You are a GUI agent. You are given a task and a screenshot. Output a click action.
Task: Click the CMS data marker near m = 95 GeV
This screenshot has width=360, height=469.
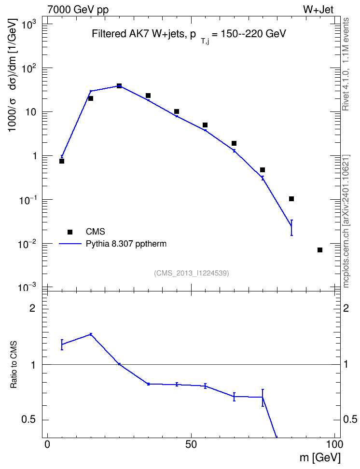tap(320, 250)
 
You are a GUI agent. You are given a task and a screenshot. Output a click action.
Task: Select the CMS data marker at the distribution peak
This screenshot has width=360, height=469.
tap(119, 86)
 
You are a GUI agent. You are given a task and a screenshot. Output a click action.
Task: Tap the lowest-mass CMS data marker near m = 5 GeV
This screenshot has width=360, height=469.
tap(62, 161)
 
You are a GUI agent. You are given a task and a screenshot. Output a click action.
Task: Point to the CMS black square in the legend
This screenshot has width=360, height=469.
tap(70, 232)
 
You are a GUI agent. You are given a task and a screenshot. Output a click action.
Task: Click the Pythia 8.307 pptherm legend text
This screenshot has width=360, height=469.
tap(126, 244)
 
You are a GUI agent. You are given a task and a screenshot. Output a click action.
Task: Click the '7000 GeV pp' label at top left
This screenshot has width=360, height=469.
tap(78, 9)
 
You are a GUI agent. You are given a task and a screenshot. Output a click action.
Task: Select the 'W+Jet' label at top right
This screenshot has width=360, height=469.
tap(318, 9)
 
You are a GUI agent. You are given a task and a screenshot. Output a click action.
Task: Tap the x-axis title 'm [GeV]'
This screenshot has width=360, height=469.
tap(320, 458)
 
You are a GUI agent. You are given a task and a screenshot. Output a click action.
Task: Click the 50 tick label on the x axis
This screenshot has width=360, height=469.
tap(191, 444)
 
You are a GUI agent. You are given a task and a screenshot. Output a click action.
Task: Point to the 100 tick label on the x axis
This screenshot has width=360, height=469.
tap(333, 444)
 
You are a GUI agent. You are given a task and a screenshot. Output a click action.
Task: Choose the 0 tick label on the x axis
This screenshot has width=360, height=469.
tap(47, 444)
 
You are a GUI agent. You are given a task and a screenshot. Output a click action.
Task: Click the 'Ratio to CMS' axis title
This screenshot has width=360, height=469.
tap(14, 365)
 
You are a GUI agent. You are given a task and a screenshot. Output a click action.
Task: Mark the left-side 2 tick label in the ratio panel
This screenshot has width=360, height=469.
tap(32, 308)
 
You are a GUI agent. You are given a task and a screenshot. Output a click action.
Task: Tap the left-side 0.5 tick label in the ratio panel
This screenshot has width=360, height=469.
tap(28, 420)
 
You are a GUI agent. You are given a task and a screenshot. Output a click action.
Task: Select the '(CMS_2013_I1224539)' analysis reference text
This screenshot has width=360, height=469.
tap(192, 273)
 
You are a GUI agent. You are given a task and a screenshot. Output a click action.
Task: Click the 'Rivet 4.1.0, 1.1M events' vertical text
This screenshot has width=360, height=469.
tap(346, 64)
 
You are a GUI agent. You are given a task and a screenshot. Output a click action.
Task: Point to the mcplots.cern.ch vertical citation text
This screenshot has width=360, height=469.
tap(346, 221)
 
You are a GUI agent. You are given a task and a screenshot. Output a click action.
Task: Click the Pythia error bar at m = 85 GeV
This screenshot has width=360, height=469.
tap(291, 228)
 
